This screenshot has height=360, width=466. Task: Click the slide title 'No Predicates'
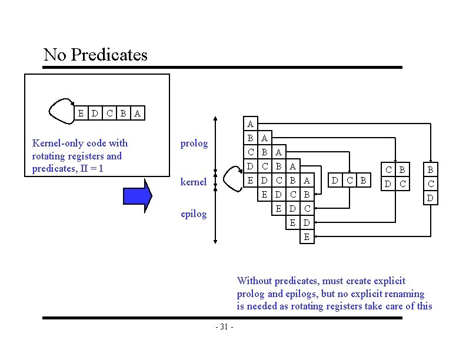click(x=95, y=55)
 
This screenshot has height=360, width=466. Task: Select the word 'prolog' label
click(x=194, y=144)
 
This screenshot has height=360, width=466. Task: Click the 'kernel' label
click(x=193, y=182)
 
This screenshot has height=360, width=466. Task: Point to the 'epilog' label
click(x=194, y=214)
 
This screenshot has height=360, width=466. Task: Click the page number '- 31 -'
click(x=224, y=327)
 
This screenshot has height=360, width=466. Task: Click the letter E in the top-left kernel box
click(x=81, y=113)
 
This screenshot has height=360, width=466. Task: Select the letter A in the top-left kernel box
click(x=137, y=113)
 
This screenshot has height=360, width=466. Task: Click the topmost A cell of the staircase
click(x=251, y=124)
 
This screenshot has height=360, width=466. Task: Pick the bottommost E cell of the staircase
click(x=306, y=238)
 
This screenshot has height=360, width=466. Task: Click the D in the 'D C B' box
click(x=335, y=180)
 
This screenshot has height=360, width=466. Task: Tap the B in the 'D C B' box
click(x=363, y=180)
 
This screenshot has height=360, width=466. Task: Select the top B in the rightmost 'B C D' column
click(x=430, y=171)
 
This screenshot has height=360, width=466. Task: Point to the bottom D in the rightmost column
click(x=430, y=198)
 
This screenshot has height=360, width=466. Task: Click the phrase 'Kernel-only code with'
click(x=79, y=143)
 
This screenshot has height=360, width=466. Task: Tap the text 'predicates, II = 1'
click(x=68, y=168)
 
